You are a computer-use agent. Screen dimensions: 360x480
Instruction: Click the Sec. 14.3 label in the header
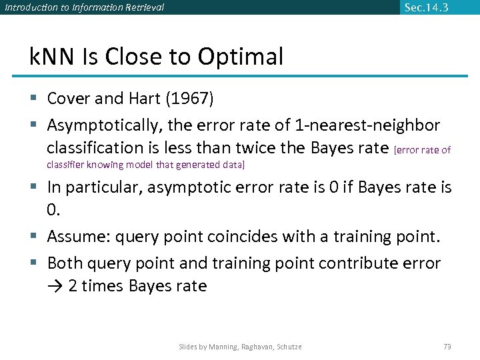(426, 7)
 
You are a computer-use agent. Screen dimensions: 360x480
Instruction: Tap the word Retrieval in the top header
(143, 8)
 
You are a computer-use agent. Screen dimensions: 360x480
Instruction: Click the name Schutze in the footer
(287, 347)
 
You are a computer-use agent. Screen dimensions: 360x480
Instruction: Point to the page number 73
(447, 347)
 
